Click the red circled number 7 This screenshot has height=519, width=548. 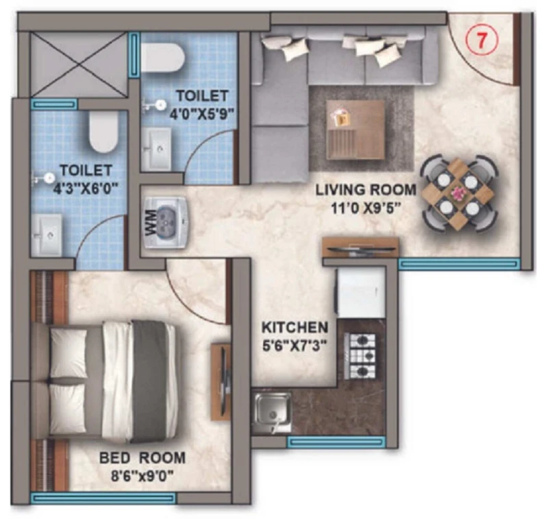point(482,41)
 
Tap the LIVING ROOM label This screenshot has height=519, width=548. point(366,190)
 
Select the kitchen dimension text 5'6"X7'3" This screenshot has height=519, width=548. point(295,346)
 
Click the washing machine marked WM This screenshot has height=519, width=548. point(166,223)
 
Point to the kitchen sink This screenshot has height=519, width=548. point(273,413)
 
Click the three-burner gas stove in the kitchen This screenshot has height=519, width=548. point(360,356)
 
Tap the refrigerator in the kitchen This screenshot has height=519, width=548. point(360,293)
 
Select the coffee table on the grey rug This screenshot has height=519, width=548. point(356,130)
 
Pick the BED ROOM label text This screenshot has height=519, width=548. point(142,458)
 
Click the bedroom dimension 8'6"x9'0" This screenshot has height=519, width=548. point(142,476)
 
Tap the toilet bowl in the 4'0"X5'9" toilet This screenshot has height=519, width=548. point(162,58)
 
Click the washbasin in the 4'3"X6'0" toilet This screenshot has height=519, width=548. point(47,235)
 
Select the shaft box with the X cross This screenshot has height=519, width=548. point(79,64)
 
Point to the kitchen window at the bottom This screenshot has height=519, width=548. point(336,442)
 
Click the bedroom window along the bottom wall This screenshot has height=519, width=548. point(103,498)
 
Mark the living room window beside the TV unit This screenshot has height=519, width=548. point(459,264)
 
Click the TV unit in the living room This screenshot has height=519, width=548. point(360,248)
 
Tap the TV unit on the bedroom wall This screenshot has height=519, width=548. point(221,382)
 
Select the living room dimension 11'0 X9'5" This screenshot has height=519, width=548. point(366,209)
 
